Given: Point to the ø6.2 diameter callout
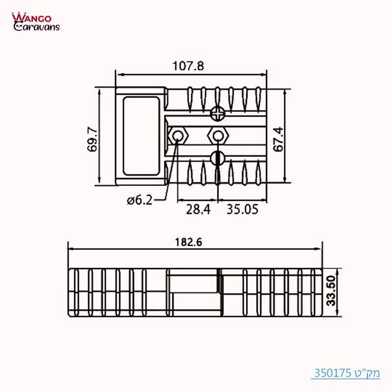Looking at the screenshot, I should pos(139,200).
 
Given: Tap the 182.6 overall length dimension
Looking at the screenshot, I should pos(189,241).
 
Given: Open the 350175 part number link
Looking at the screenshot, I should pos(332,373).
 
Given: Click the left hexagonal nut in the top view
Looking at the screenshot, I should pos(177,135).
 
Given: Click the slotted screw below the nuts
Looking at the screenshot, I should pos(217,158).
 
